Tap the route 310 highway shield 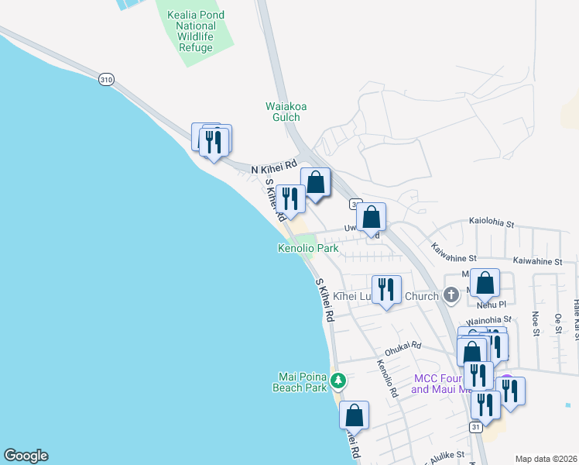pos(106,79)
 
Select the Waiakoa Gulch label pos(283,112)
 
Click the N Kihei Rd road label pos(275,167)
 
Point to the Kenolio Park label pos(308,249)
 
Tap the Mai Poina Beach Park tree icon pos(337,380)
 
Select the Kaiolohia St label pos(492,223)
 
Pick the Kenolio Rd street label pos(386,379)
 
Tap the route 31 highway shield pos(475,427)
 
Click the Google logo pos(26,456)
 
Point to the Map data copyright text pos(546,459)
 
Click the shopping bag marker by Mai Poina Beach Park pos(354,415)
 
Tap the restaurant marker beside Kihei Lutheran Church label pos(386,290)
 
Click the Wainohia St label pos(488,319)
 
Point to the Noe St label pos(535,324)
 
